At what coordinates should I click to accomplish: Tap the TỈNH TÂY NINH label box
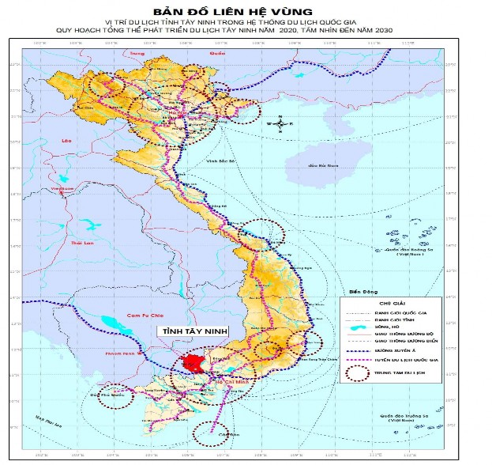188,333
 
